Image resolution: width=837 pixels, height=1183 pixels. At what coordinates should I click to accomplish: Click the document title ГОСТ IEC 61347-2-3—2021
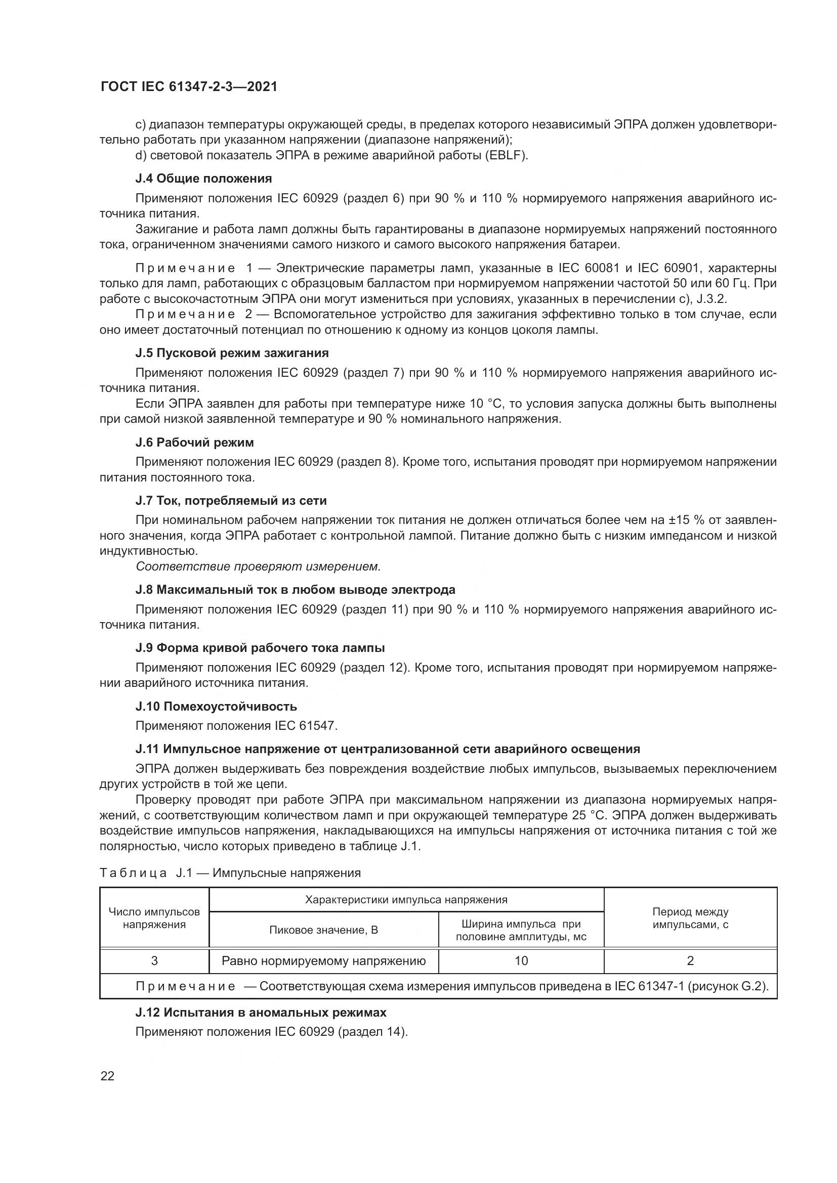click(x=189, y=87)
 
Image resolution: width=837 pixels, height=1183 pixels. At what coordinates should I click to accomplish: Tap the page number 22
click(x=107, y=1076)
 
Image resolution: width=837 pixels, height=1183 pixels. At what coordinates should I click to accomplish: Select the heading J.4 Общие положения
click(x=203, y=179)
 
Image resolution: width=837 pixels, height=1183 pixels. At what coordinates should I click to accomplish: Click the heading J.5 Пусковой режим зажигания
click(x=232, y=353)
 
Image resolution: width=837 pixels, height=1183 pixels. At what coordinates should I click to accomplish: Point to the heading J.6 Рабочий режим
click(x=194, y=443)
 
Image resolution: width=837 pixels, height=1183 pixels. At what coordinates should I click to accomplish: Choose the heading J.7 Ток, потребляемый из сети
click(x=231, y=500)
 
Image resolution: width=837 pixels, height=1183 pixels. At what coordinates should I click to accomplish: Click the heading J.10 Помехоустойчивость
click(x=216, y=706)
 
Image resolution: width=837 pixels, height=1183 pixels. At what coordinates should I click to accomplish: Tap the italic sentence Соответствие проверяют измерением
click(x=258, y=567)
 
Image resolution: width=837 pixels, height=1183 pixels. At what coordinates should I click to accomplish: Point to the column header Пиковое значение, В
click(x=324, y=930)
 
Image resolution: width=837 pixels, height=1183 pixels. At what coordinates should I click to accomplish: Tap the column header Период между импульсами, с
click(x=690, y=918)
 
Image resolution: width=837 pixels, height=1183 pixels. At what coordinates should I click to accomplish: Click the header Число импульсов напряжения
click(x=155, y=918)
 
